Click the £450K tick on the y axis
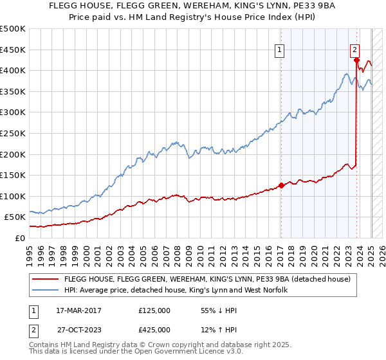tap(13, 50)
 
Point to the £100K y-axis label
tap(13, 196)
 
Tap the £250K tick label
tap(13, 133)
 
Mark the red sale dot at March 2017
tap(281, 186)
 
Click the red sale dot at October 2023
tap(356, 60)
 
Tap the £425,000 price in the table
tap(154, 330)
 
